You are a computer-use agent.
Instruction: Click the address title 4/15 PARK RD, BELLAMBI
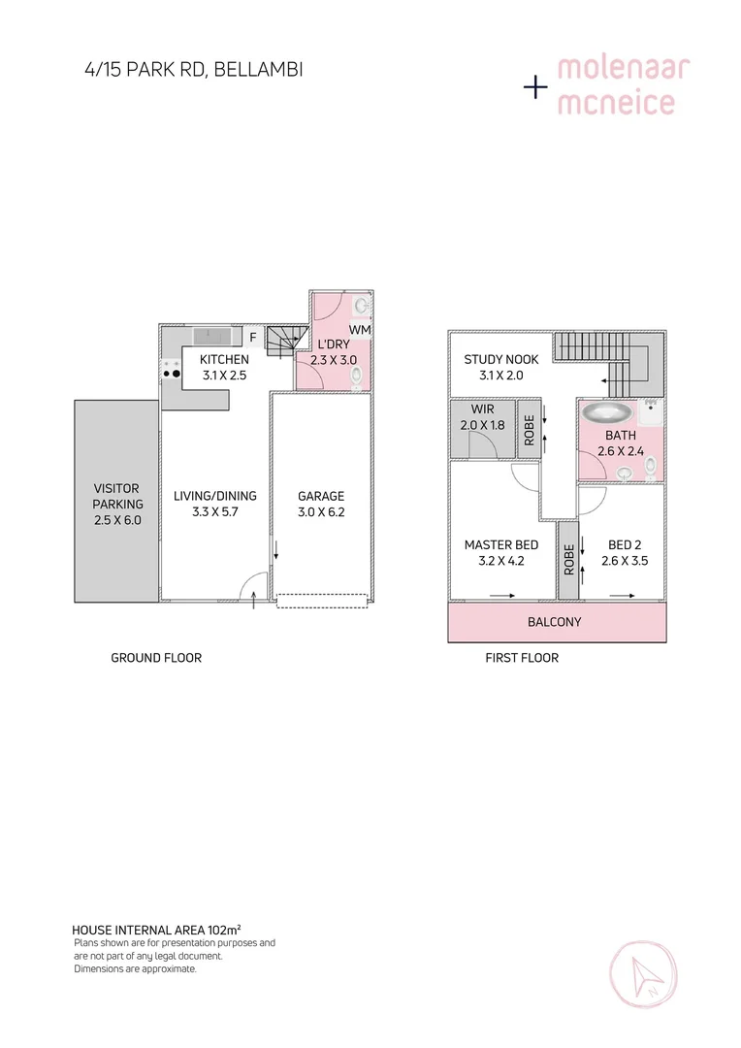click(x=193, y=69)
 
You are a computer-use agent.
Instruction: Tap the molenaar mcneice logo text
click(x=622, y=85)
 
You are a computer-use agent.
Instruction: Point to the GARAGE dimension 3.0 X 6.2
click(x=321, y=513)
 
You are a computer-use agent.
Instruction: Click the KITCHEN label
click(x=224, y=359)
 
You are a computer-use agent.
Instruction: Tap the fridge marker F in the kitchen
click(x=253, y=338)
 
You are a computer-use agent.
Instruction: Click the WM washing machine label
click(x=360, y=330)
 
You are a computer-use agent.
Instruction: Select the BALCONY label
click(x=555, y=621)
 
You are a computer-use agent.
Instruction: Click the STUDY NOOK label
click(x=500, y=359)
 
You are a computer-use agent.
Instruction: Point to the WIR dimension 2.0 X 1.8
click(x=482, y=426)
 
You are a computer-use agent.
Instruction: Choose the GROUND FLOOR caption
click(x=156, y=658)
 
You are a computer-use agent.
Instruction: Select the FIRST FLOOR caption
click(x=522, y=658)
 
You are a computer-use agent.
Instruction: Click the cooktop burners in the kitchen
click(x=173, y=373)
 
